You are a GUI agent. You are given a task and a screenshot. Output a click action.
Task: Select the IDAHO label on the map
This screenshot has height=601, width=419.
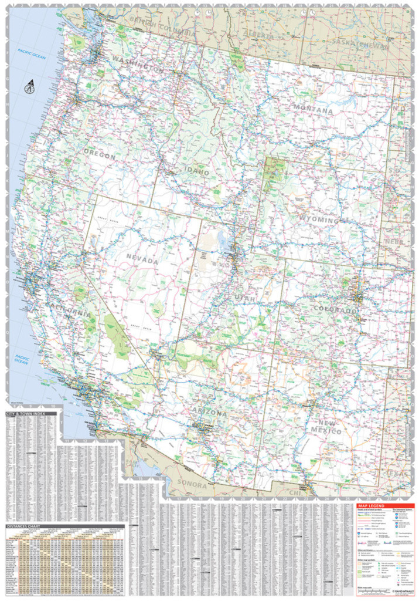click(197, 173)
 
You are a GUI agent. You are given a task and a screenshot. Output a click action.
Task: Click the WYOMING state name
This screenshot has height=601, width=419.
click(319, 220)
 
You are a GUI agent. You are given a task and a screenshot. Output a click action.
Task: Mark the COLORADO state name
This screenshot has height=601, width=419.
click(335, 310)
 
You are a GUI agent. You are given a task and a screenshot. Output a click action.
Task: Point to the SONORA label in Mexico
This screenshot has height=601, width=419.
click(193, 485)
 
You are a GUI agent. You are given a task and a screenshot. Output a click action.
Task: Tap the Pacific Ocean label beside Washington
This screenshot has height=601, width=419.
click(32, 52)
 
